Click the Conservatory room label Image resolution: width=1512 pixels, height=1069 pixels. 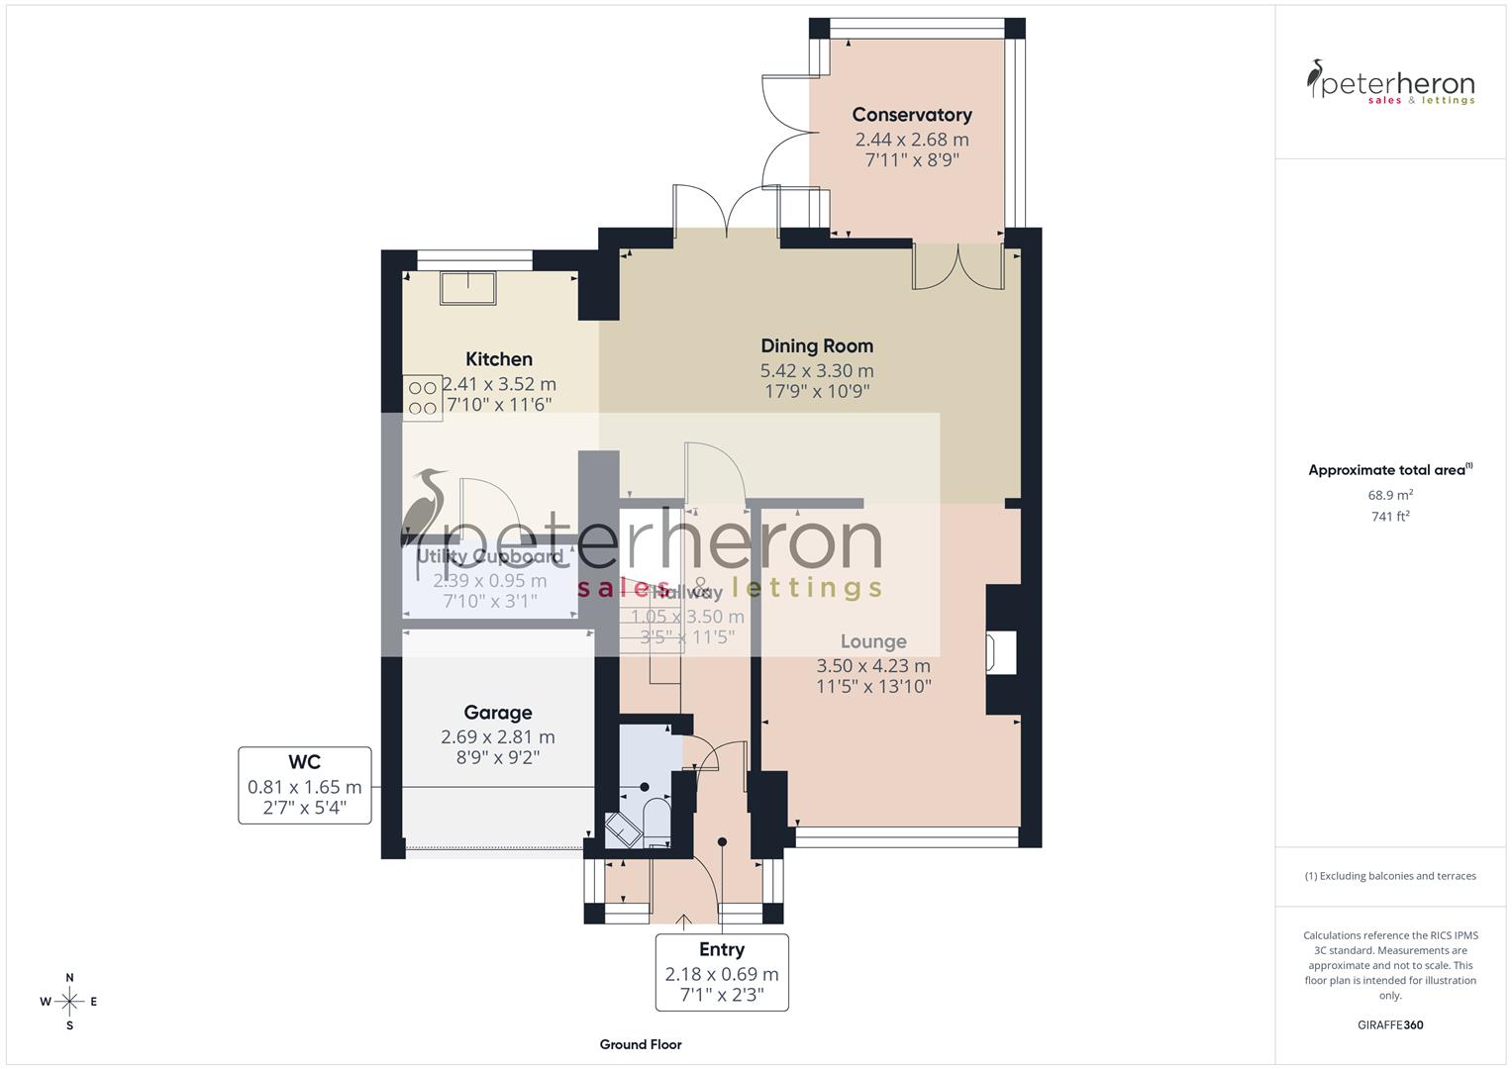point(911,115)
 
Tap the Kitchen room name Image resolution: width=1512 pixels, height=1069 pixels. point(499,359)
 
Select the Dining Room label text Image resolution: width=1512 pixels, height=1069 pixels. point(817,345)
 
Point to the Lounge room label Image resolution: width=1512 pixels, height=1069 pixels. point(873,641)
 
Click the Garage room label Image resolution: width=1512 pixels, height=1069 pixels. point(498,713)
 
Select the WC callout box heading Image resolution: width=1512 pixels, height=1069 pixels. point(304,762)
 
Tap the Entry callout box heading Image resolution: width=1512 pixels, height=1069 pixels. point(722,949)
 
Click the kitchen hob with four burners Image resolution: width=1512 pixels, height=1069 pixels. point(423,398)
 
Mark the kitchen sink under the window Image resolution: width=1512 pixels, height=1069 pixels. point(467,288)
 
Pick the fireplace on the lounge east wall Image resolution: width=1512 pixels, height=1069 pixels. point(998,652)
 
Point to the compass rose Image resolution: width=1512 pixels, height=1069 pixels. point(69,1001)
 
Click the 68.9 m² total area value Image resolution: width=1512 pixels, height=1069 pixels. point(1390,495)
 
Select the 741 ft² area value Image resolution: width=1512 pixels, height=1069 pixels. point(1390,517)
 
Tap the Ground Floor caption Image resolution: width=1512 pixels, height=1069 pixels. point(641,1044)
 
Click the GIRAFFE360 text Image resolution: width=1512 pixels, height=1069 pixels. point(1390,1025)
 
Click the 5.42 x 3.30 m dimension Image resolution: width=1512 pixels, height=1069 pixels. point(817,371)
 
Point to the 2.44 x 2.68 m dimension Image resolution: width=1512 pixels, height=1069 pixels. point(911,140)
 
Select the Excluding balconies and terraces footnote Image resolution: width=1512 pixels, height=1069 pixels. point(1390,876)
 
